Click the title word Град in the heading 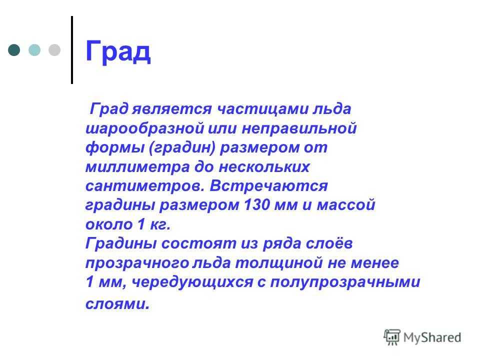click(x=118, y=52)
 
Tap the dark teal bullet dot click(x=14, y=50)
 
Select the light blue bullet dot click(x=34, y=50)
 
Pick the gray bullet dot click(x=54, y=50)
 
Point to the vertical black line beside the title click(x=72, y=49)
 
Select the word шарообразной click(x=145, y=128)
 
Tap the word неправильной click(x=299, y=128)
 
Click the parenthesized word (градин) click(x=182, y=148)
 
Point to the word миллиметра click(x=137, y=167)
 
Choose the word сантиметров click(x=145, y=186)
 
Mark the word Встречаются click(x=268, y=186)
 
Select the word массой click(x=346, y=205)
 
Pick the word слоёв click(x=329, y=243)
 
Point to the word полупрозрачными click(x=345, y=282)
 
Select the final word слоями click(x=117, y=304)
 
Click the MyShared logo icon click(x=392, y=337)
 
